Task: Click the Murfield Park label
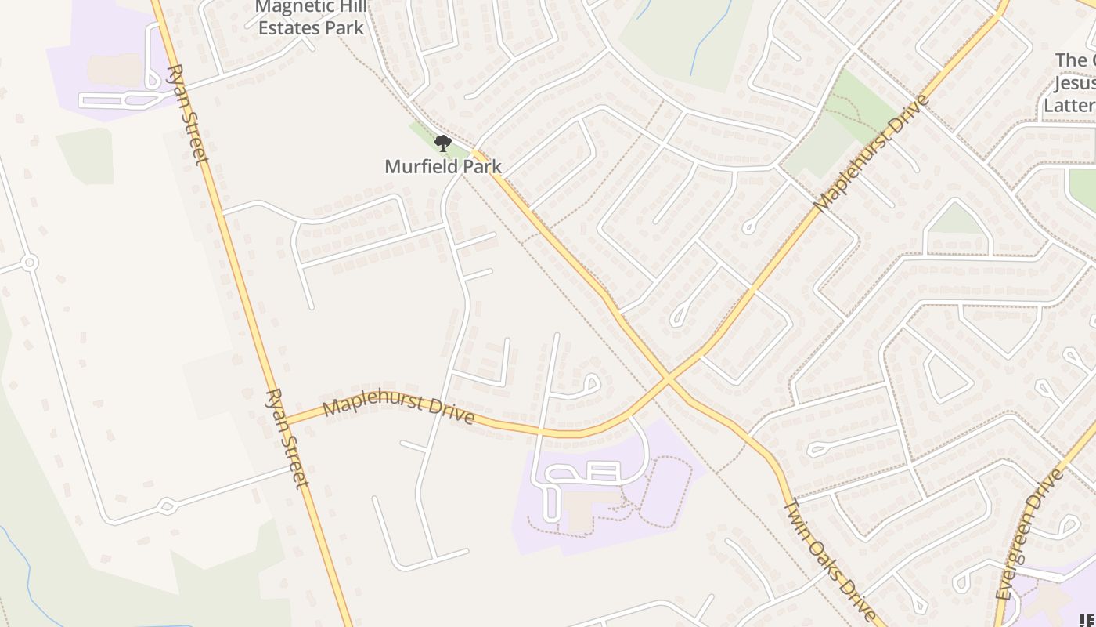[x=443, y=167]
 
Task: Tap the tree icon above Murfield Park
[x=443, y=143]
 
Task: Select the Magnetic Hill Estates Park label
[x=312, y=18]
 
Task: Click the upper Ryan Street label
[x=188, y=114]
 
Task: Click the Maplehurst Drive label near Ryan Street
[x=398, y=410]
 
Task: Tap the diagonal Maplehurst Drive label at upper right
[x=871, y=153]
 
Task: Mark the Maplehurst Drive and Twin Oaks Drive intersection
[x=668, y=380]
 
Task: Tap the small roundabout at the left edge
[x=30, y=263]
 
